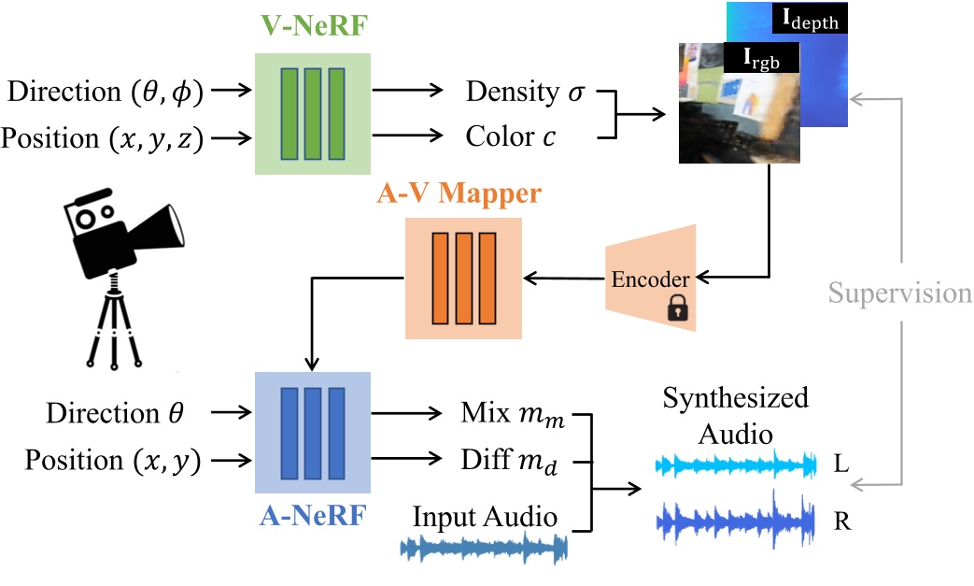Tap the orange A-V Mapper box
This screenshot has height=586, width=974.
click(462, 279)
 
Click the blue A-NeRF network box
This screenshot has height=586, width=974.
click(313, 433)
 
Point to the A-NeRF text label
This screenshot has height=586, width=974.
click(312, 512)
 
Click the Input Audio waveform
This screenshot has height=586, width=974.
click(484, 550)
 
